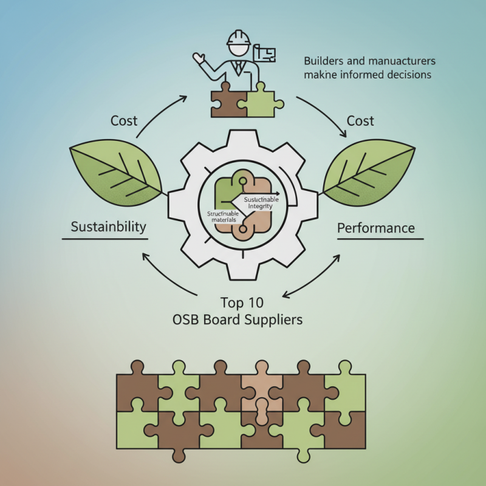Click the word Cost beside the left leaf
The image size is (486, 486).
[124, 121]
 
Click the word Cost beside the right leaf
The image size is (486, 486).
[360, 121]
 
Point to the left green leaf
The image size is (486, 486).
[115, 174]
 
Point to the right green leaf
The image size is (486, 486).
[371, 174]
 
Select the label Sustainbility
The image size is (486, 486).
[109, 227]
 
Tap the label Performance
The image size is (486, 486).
[375, 228]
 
